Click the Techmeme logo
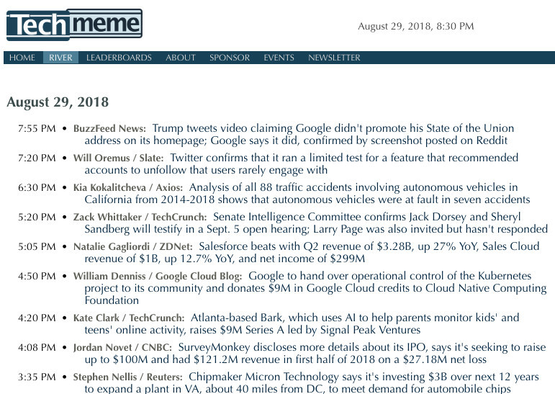(x=74, y=24)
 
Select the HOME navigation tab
(x=22, y=58)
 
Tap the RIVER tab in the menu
(x=60, y=58)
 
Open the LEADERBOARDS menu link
(x=119, y=58)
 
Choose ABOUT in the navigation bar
(x=181, y=58)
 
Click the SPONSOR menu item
(x=230, y=58)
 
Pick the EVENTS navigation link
(x=279, y=58)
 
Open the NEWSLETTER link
(x=334, y=58)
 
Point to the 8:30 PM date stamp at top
(x=415, y=27)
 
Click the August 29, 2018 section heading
(x=58, y=102)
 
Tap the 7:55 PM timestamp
(x=37, y=129)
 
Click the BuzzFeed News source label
(x=109, y=129)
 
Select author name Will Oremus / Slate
(x=118, y=158)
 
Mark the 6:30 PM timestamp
(x=37, y=188)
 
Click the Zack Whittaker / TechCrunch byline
(x=140, y=217)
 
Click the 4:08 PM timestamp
(x=37, y=348)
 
